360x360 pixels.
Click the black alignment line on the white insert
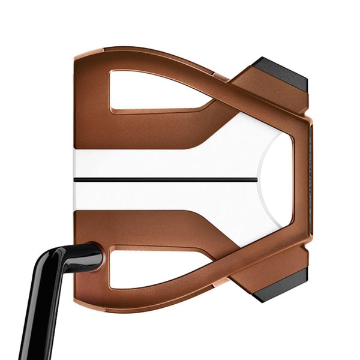tap(168, 179)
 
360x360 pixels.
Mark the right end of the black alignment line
tap(257, 179)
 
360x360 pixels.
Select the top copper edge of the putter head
tap(150, 53)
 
